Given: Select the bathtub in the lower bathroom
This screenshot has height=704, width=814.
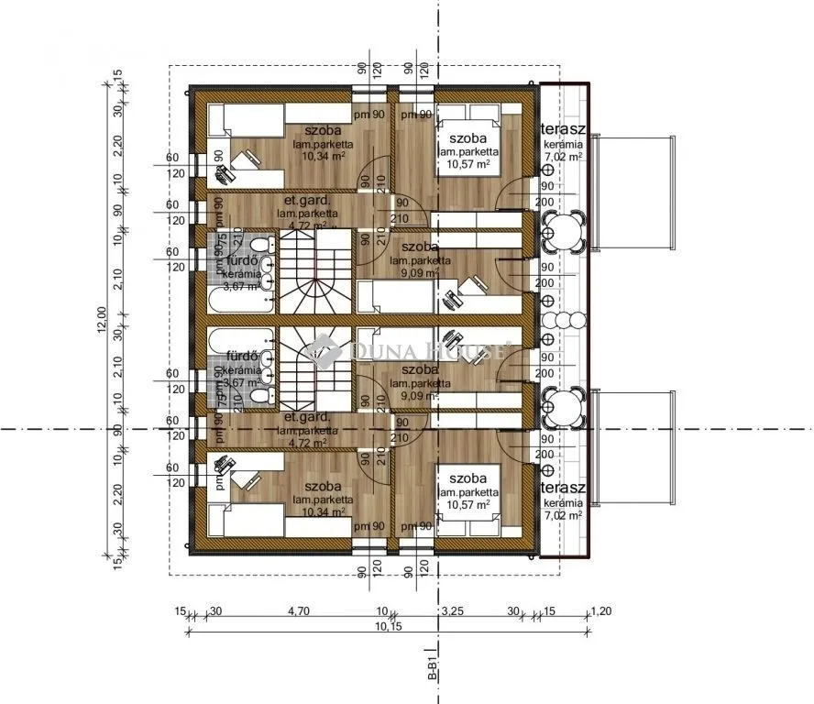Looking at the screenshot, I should point(238,340).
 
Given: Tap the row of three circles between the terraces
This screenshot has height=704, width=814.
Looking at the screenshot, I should point(560,320).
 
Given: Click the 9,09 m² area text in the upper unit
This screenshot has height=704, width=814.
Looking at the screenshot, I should point(420,272).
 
